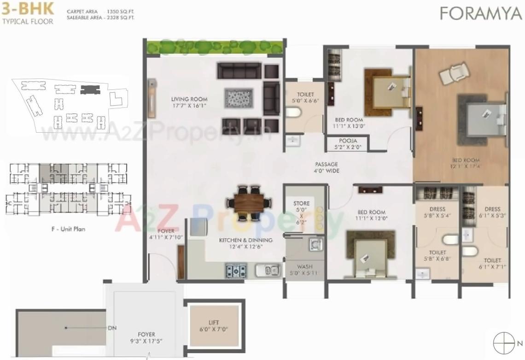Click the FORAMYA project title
(x=480, y=13)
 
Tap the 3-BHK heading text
(x=28, y=9)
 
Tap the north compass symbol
(x=503, y=343)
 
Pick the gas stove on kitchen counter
(x=236, y=270)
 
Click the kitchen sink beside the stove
(x=267, y=270)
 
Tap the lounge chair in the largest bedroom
(x=454, y=73)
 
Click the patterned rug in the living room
(x=239, y=98)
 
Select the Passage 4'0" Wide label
(x=327, y=167)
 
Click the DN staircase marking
(x=112, y=328)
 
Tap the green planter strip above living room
(x=214, y=47)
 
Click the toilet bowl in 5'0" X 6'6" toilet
(x=293, y=112)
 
